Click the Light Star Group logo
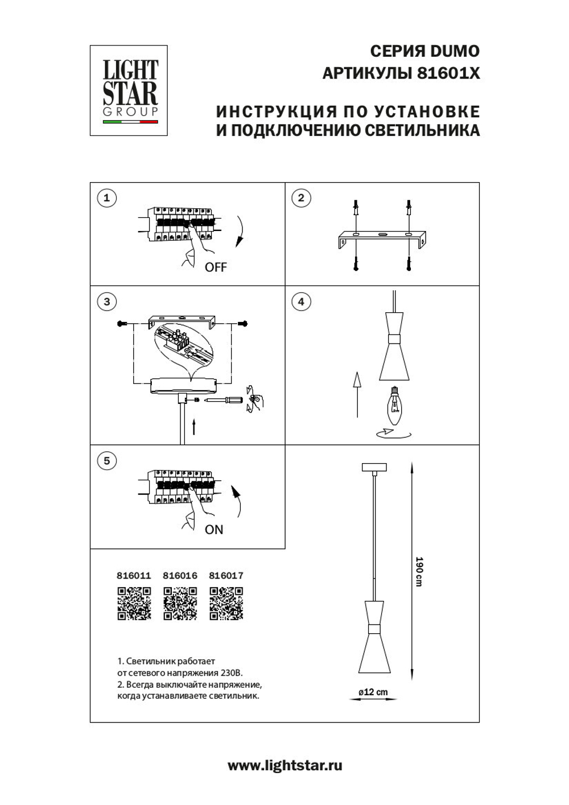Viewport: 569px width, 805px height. pyautogui.click(x=129, y=90)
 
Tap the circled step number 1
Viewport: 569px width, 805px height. pyautogui.click(x=106, y=198)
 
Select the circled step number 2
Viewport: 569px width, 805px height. pyautogui.click(x=301, y=198)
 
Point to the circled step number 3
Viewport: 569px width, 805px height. pyautogui.click(x=106, y=302)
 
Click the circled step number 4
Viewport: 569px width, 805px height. pyautogui.click(x=301, y=302)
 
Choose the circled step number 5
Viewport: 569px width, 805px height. pyautogui.click(x=106, y=460)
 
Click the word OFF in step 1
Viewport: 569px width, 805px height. pyautogui.click(x=216, y=267)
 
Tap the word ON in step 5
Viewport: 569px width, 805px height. pyautogui.click(x=214, y=530)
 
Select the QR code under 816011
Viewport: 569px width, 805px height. pyautogui.click(x=134, y=603)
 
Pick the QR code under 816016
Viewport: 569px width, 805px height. pyautogui.click(x=180, y=603)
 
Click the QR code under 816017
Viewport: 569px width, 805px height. pyautogui.click(x=226, y=603)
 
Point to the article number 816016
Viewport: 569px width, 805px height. pyautogui.click(x=180, y=576)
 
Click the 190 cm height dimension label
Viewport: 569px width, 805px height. pyautogui.click(x=419, y=572)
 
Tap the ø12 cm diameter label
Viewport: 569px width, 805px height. pyautogui.click(x=373, y=692)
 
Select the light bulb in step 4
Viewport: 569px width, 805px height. pyautogui.click(x=393, y=406)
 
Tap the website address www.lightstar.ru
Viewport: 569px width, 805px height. pyautogui.click(x=284, y=766)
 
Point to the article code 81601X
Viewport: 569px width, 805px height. pyautogui.click(x=448, y=73)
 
